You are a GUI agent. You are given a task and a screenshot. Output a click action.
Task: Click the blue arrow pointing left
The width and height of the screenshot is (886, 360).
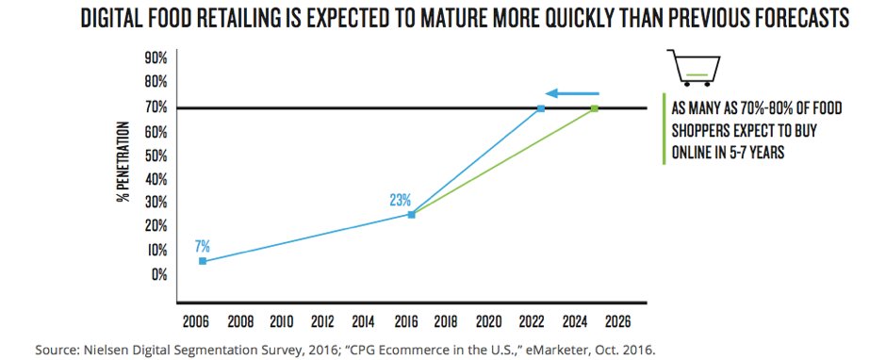(x=573, y=93)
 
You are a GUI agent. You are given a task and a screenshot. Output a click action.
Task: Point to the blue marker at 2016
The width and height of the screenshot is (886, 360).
(x=411, y=215)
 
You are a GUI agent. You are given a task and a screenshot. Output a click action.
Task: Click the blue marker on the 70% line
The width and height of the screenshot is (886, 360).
(x=541, y=109)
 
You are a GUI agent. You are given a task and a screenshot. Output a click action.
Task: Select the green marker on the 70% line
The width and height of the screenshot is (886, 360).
(x=595, y=109)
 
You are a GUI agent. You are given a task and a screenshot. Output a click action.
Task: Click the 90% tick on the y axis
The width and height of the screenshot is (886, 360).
(x=156, y=58)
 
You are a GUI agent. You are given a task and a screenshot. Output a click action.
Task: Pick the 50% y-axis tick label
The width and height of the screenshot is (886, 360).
(x=156, y=155)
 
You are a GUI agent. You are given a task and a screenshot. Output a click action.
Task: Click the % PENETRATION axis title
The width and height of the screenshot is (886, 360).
(x=123, y=168)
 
